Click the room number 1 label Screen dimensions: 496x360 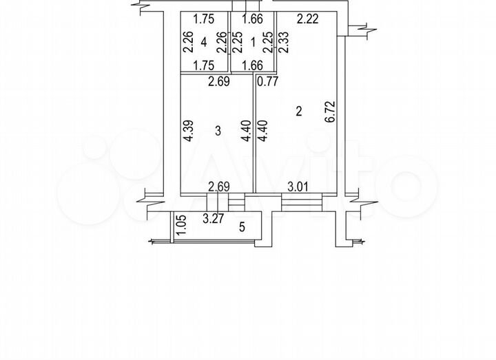(x=253, y=42)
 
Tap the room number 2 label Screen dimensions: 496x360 (x=298, y=112)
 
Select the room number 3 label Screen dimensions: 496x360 (x=218, y=131)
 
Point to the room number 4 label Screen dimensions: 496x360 (x=204, y=42)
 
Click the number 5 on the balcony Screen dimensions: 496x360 (x=242, y=226)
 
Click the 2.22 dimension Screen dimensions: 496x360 (x=307, y=19)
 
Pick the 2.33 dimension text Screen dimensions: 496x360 (x=284, y=42)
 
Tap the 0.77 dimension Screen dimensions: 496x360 (x=267, y=81)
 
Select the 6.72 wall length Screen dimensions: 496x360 (x=330, y=112)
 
